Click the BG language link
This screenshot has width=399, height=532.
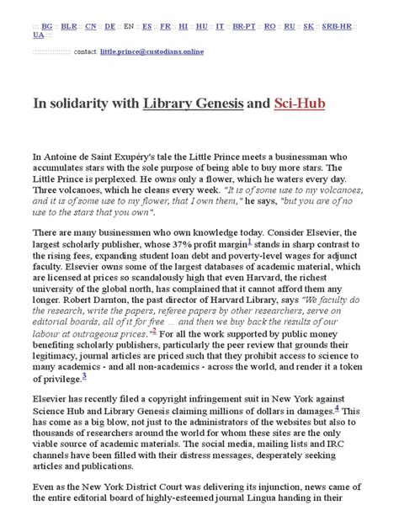[47, 27]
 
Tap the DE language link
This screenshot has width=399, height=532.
[110, 27]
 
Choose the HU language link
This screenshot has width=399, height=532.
[203, 27]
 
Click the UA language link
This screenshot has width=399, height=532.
[39, 35]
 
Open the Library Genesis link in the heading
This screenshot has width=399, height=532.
[193, 104]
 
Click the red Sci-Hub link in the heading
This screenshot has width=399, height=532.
[299, 104]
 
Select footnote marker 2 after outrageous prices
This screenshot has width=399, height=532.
[154, 332]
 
